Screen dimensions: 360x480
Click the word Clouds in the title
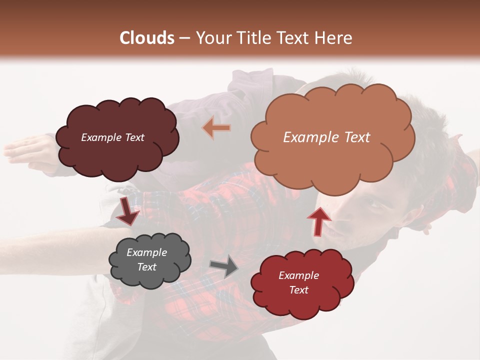[x=147, y=38]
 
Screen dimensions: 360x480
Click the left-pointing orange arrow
[x=216, y=128]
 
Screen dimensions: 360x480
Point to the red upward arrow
[x=318, y=220]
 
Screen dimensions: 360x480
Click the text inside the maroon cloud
[x=112, y=137]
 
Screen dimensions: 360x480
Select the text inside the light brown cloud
[x=326, y=137]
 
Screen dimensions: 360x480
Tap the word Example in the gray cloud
[x=146, y=252]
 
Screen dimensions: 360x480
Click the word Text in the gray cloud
[x=147, y=267]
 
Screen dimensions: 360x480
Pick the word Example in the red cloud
[x=298, y=275]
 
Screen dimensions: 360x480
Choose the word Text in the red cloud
[x=298, y=290]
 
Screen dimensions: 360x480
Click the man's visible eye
[x=371, y=204]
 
